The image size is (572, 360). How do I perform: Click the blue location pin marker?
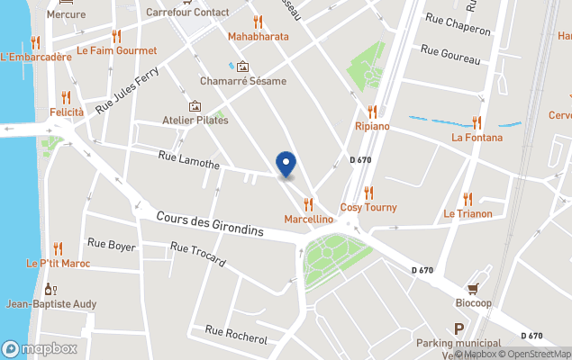click(286, 164)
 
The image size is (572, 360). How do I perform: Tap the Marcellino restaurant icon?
click(309, 204)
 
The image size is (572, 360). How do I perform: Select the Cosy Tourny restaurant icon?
click(368, 193)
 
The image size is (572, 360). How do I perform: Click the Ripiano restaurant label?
click(372, 126)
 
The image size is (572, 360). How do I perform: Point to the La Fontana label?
click(477, 138)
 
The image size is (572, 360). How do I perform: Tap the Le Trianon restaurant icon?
click(467, 199)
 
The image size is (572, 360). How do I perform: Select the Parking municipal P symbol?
click(459, 329)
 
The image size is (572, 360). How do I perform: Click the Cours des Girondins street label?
click(209, 224)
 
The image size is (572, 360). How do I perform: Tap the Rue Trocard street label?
click(197, 255)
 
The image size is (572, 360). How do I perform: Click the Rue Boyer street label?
click(111, 244)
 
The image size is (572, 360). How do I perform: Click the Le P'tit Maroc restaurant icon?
click(58, 248)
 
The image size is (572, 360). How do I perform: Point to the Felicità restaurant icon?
click(66, 97)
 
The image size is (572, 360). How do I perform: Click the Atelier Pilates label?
click(195, 120)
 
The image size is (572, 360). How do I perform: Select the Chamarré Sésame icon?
click(242, 67)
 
